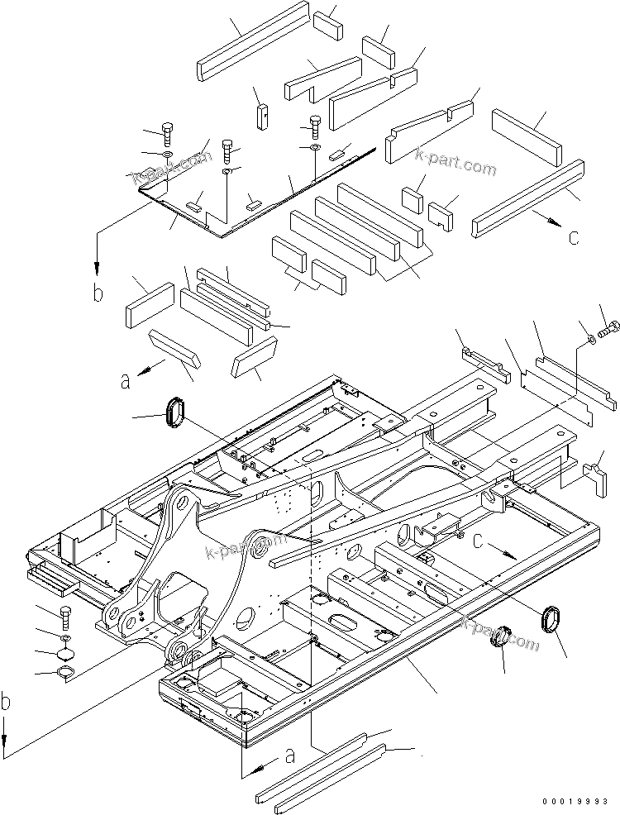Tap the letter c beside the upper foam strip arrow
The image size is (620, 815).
[x=573, y=237]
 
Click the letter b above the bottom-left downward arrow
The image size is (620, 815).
[x=7, y=703]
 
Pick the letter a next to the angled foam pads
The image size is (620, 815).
[x=126, y=381]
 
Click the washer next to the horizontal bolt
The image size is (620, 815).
[x=588, y=338]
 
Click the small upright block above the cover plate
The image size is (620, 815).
[x=262, y=115]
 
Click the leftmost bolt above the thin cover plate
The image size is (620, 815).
[x=168, y=133]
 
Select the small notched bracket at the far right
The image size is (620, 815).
[x=596, y=478]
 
